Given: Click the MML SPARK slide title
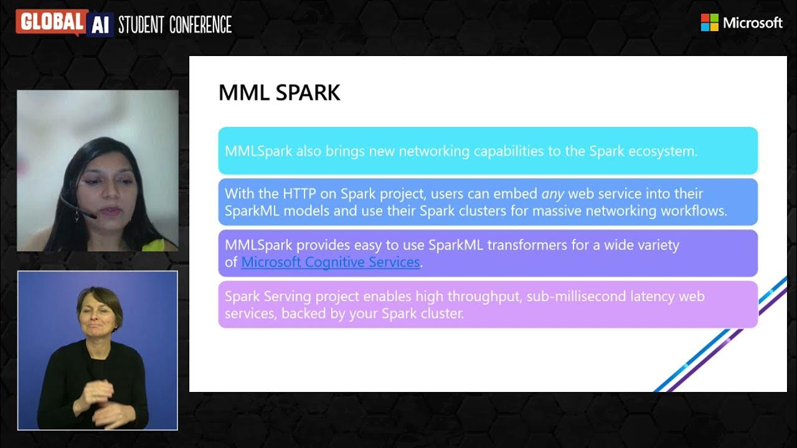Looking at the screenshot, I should (279, 93).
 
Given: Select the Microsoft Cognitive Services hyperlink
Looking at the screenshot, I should (330, 262).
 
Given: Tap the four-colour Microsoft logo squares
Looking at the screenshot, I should (709, 22).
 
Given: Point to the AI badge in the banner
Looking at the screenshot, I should (100, 24).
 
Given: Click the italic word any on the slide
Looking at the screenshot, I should (552, 194).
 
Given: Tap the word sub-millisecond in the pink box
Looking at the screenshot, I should (574, 296).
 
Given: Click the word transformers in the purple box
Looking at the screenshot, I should (524, 245).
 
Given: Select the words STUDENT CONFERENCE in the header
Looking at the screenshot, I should (175, 25).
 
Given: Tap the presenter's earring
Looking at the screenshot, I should (77, 217).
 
